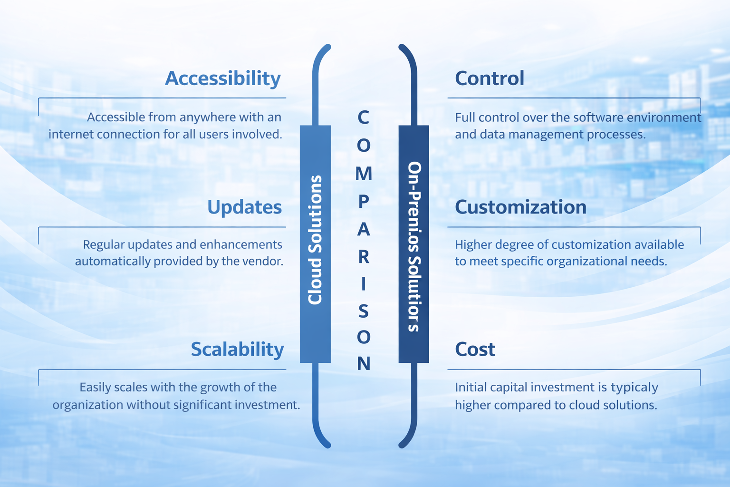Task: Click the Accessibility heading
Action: pos(222,78)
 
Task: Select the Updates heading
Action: pos(244,207)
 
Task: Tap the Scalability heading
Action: pos(237,350)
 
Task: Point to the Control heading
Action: pos(490,78)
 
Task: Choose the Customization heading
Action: pos(520,207)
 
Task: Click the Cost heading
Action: pos(475,350)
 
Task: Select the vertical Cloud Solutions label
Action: pos(315,240)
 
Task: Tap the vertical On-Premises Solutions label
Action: pos(414,246)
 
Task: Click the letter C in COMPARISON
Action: pos(363,117)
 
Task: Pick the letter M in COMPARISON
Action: pos(364,174)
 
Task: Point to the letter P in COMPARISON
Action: pos(364,202)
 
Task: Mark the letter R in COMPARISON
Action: pos(364,257)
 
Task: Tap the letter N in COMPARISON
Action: pos(364,364)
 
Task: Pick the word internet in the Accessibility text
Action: pos(71,135)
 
